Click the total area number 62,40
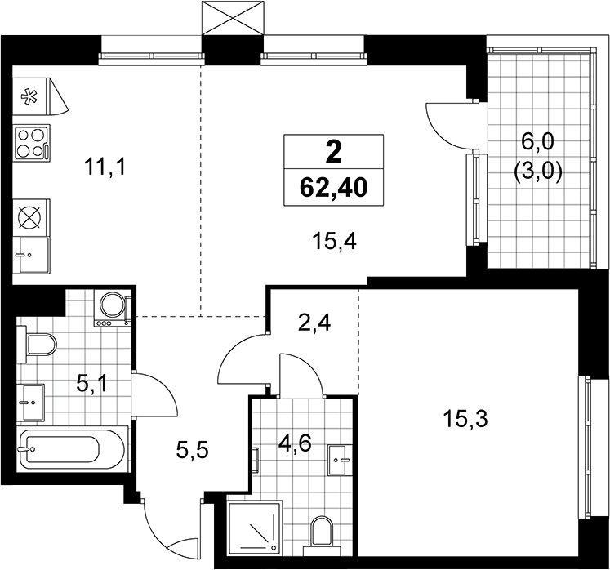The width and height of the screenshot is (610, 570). (333, 189)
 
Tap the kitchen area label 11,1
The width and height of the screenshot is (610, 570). (105, 168)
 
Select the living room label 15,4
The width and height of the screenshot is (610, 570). (335, 243)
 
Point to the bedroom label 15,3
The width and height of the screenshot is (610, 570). (465, 420)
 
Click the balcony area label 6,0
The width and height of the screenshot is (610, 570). (538, 145)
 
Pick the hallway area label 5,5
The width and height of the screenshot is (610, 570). (193, 451)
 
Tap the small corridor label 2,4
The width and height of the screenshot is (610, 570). (314, 323)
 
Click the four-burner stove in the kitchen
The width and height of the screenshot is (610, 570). (32, 142)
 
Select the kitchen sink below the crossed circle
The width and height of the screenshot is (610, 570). (32, 255)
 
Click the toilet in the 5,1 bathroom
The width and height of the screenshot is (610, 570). (37, 344)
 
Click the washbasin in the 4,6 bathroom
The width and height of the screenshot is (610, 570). (340, 461)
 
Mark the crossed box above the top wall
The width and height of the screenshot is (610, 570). (233, 18)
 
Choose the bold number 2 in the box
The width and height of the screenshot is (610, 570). (333, 153)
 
